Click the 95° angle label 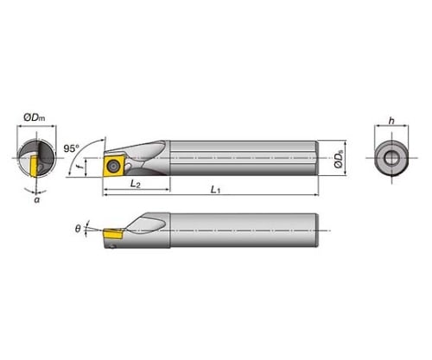(71, 148)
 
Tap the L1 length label (215, 190)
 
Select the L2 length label (136, 184)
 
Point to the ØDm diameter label (35, 117)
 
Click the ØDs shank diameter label (339, 160)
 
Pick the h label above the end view (391, 121)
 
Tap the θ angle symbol (78, 229)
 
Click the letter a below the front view (36, 199)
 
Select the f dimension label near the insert (81, 167)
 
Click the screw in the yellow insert (111, 166)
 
